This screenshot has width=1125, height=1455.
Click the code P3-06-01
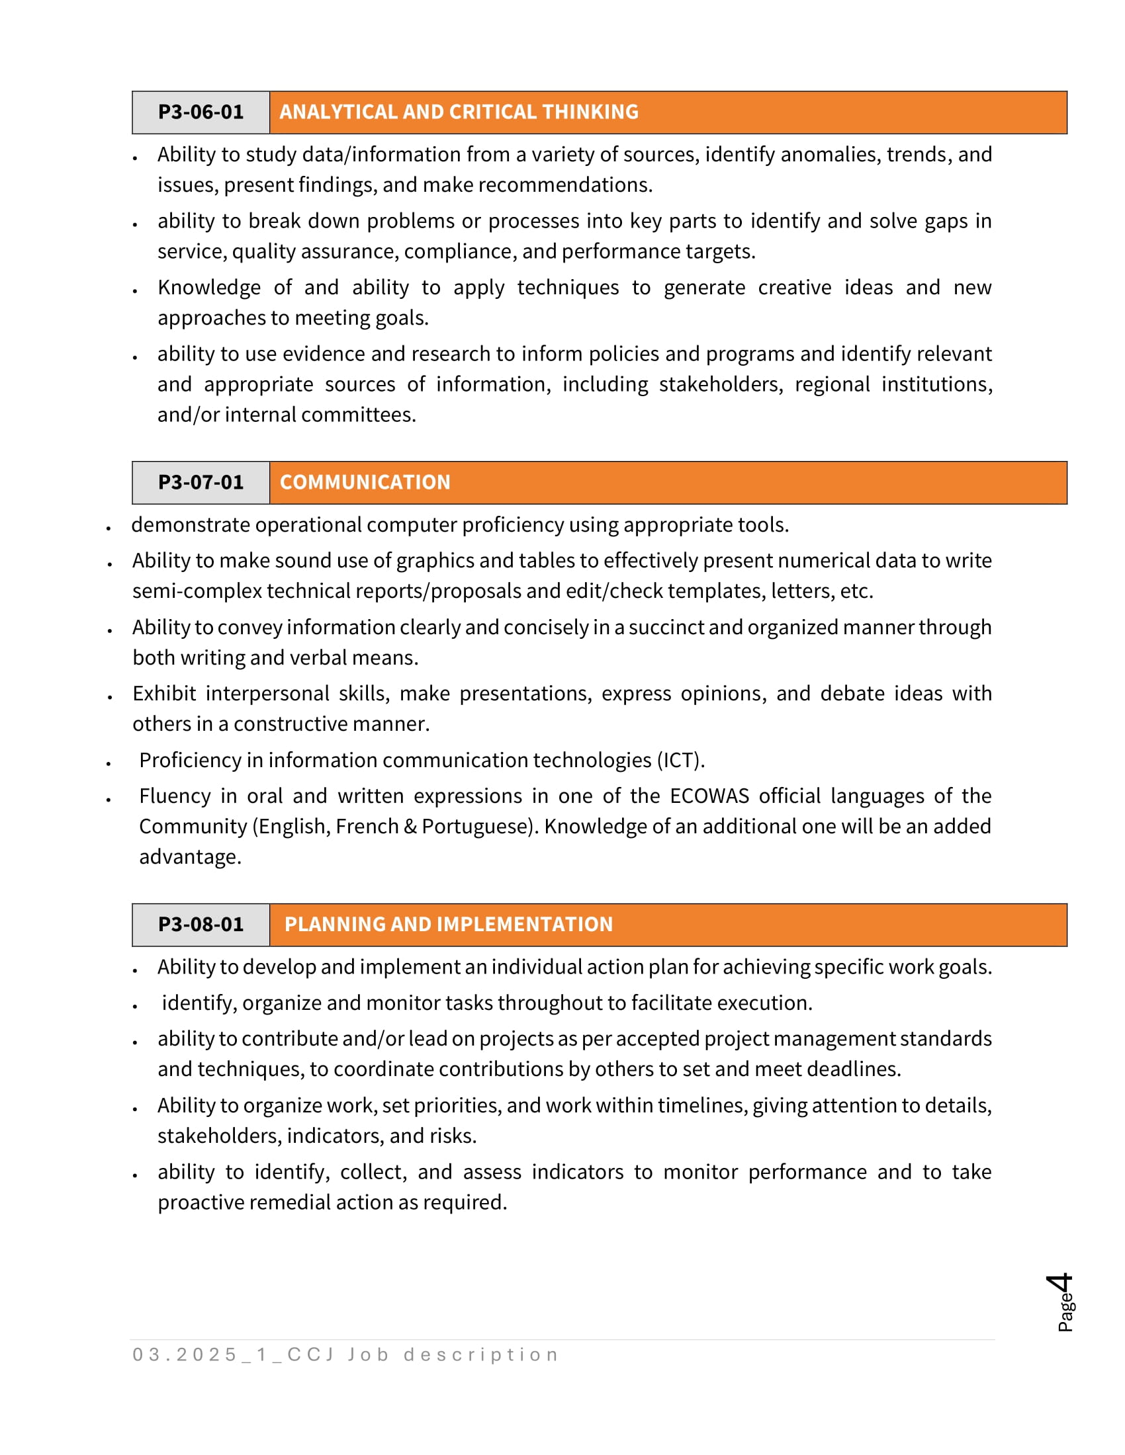(201, 112)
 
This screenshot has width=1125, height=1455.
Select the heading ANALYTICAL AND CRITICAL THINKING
(459, 112)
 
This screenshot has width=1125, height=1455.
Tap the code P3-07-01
(201, 482)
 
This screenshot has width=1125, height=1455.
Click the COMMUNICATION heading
(365, 482)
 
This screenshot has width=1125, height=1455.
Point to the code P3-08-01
(201, 925)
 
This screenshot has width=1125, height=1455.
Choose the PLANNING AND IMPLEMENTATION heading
(448, 925)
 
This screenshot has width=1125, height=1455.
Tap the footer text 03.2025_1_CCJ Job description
(345, 1355)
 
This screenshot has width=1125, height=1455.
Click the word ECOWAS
(709, 797)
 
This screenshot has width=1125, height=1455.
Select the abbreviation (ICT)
(680, 761)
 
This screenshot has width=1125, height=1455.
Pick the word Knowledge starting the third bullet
(208, 288)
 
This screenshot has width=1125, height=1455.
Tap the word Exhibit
(164, 694)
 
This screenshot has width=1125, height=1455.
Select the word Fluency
(175, 797)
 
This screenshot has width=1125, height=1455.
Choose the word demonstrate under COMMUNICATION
(190, 525)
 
